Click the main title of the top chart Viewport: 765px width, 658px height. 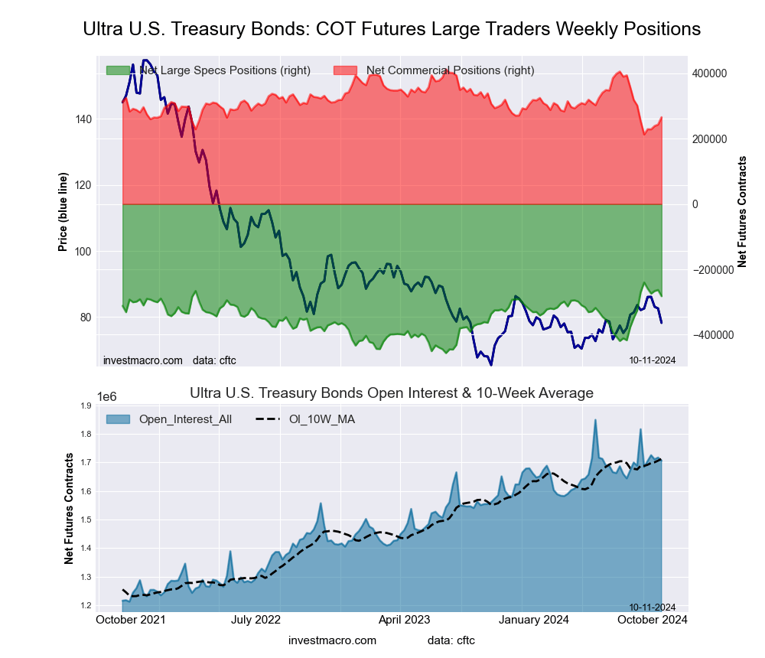click(392, 29)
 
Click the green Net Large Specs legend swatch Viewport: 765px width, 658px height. click(118, 70)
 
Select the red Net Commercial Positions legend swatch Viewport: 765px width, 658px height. click(345, 70)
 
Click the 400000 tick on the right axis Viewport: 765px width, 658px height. click(709, 73)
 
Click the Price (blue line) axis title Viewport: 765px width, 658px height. click(63, 213)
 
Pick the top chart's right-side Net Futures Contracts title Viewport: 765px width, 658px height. click(741, 211)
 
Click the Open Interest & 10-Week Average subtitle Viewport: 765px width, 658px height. click(392, 393)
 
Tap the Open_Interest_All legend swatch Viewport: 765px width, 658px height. click(119, 419)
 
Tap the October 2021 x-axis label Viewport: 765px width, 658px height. click(127, 619)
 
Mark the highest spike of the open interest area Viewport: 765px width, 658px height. click(594, 420)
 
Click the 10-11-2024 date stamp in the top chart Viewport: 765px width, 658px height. click(652, 360)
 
